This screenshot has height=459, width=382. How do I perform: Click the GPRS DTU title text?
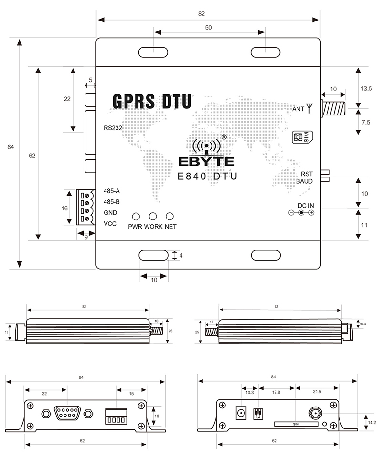152,101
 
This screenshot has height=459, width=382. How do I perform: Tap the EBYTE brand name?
207,161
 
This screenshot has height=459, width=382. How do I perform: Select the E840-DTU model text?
207,176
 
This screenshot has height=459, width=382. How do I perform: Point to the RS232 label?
113,128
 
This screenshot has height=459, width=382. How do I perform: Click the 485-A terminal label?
111,191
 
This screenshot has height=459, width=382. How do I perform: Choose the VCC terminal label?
110,224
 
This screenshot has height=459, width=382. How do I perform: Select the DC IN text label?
306,206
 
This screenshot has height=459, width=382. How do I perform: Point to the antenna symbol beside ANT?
309,108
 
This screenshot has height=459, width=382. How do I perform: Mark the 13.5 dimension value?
366,89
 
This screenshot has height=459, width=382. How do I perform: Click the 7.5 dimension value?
366,122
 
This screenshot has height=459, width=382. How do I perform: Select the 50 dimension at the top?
208,28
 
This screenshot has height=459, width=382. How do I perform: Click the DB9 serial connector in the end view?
67,413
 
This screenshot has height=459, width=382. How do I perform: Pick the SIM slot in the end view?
296,424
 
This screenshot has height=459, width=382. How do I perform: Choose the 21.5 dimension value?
317,392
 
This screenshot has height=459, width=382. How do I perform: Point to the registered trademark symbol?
224,137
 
